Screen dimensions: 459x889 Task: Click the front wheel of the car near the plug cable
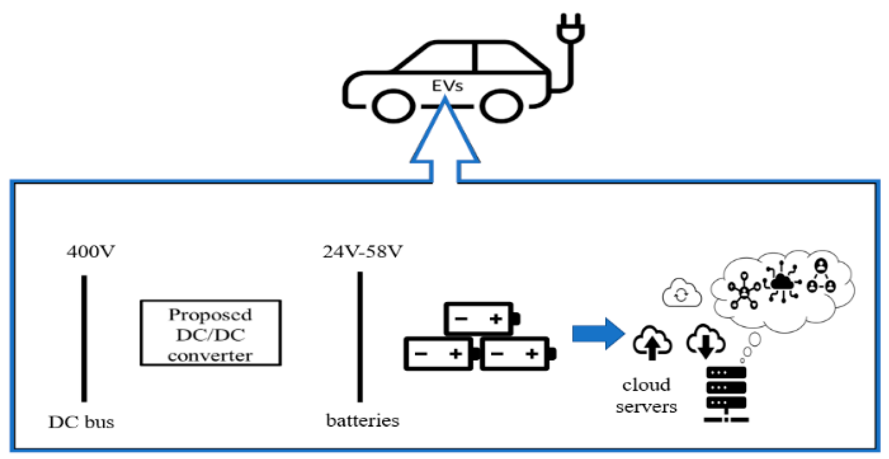click(x=501, y=106)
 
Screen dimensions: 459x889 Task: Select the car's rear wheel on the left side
click(x=393, y=106)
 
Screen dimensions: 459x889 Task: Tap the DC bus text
click(x=81, y=422)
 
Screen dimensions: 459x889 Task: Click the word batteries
click(x=363, y=421)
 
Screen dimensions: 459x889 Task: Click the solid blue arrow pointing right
click(x=598, y=333)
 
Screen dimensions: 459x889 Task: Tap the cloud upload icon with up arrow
click(x=652, y=343)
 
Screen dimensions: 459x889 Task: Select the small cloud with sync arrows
click(x=681, y=294)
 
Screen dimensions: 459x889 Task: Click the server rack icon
click(x=726, y=394)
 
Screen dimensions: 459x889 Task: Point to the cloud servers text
click(x=646, y=396)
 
